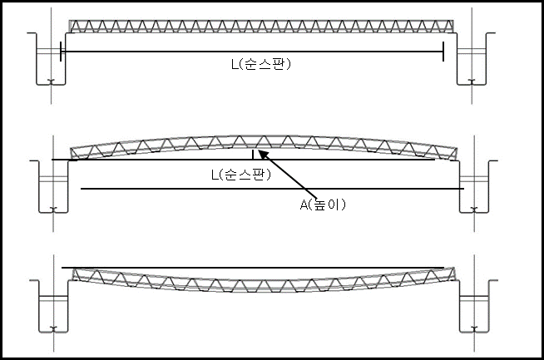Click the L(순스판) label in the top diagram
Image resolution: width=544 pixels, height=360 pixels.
coord(261,64)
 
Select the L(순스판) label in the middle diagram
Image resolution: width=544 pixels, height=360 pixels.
coord(241,175)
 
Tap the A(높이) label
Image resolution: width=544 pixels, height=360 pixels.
coord(323,205)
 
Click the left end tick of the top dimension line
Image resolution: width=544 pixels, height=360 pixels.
coord(61,52)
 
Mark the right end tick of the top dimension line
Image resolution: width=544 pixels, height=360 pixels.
coord(443,52)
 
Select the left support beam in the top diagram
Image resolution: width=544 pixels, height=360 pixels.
coord(51,58)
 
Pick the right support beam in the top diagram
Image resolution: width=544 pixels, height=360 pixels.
coord(472,58)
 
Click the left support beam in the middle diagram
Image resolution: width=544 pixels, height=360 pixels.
coord(52,186)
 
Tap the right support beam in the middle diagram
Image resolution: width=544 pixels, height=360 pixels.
coord(474,186)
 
